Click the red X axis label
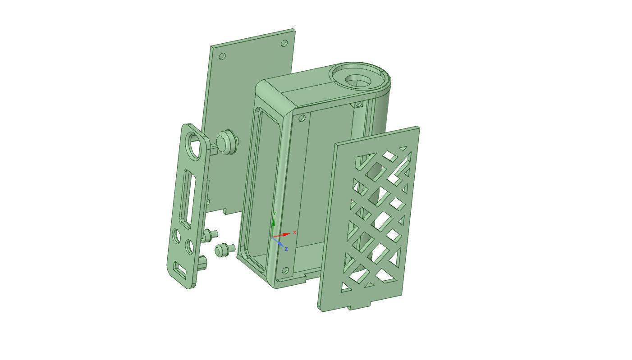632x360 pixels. tap(295, 232)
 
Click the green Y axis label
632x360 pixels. tap(275, 214)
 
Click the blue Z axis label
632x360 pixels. tap(286, 249)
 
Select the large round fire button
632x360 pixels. tap(227, 142)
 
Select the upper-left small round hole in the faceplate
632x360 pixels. tap(176, 236)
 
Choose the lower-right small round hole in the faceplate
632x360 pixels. tap(189, 246)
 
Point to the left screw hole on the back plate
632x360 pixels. tap(222, 56)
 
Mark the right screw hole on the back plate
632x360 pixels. tap(284, 43)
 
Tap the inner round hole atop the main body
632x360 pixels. tap(357, 81)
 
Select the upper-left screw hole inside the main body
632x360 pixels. tap(302, 118)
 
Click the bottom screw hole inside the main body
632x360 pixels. tap(285, 270)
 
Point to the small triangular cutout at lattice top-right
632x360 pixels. tap(403, 148)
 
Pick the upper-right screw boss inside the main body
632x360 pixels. tap(358, 104)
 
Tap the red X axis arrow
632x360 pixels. tap(284, 235)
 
